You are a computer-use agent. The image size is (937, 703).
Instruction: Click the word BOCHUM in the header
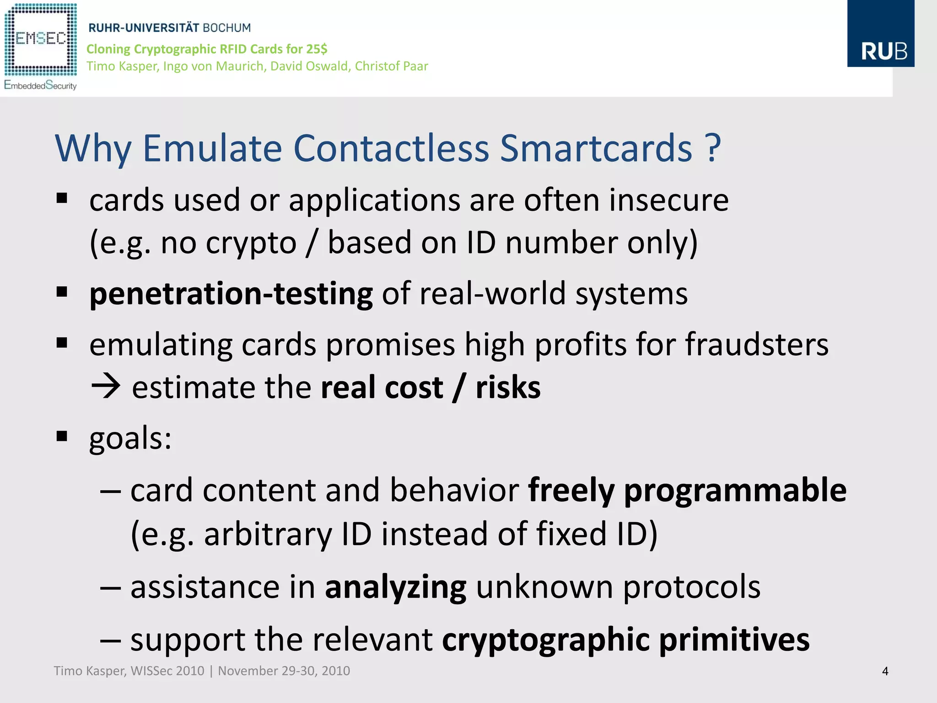point(226,28)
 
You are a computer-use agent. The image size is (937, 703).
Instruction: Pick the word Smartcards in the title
point(596,148)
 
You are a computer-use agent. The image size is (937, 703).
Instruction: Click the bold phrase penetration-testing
point(231,294)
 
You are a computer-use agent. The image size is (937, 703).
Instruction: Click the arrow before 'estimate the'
point(106,387)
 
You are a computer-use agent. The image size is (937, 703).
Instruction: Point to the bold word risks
point(508,387)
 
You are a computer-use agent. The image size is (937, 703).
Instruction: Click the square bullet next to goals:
point(62,436)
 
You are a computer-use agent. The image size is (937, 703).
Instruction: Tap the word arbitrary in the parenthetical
point(268,534)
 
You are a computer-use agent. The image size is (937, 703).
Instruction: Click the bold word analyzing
point(395,587)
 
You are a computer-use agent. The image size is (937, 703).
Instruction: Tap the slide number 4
point(885,671)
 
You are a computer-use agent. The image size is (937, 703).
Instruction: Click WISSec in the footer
point(151,671)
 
